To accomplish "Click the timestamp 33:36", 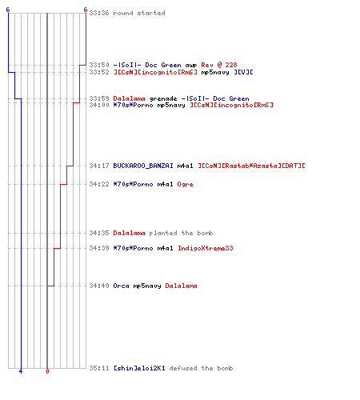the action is coord(99,13).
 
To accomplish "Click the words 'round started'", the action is coord(139,13).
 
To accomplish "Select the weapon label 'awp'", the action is coord(191,66).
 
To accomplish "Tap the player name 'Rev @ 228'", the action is coord(219,65).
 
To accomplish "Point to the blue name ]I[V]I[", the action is coord(243,72).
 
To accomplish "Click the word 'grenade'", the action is coord(163,98).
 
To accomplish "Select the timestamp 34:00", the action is coord(99,105).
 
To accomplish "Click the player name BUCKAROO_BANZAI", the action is coord(143,166).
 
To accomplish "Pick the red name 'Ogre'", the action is coord(185,184).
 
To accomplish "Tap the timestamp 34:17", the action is coord(99,166).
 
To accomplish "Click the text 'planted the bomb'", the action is coord(181,233).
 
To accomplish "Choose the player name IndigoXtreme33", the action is coord(206,248).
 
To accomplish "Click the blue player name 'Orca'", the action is coord(121,286).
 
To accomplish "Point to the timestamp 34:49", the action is coord(99,286).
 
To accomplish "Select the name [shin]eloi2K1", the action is coord(139,368).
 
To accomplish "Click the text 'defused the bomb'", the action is coord(201,368).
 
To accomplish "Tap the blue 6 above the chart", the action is coord(8,10).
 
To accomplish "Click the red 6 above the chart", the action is coord(85,10).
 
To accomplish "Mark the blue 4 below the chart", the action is coord(21,371).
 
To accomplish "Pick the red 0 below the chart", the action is coord(47,371).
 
